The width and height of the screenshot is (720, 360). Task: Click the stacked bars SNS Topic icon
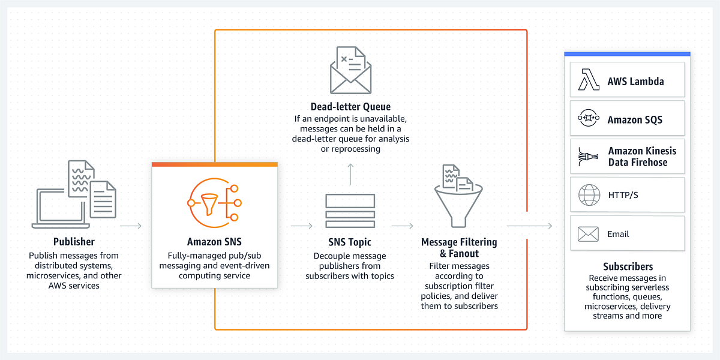click(x=350, y=209)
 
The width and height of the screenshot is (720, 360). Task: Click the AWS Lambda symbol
click(x=589, y=80)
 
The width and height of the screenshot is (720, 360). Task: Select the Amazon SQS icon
click(x=589, y=119)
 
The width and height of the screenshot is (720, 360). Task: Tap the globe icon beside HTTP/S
click(x=589, y=195)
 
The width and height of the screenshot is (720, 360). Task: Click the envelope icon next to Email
click(x=589, y=234)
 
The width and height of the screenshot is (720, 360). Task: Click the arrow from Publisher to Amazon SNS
click(x=131, y=226)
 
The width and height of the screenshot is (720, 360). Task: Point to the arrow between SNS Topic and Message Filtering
click(x=402, y=226)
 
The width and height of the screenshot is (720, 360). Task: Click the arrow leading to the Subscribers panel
click(x=529, y=226)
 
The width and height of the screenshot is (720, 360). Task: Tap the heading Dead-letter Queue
click(x=351, y=107)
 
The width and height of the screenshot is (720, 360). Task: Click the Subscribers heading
click(x=628, y=266)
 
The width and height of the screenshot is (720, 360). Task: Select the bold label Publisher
click(x=74, y=242)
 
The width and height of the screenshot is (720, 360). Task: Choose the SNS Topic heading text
click(x=350, y=242)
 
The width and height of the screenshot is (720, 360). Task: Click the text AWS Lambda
click(x=635, y=81)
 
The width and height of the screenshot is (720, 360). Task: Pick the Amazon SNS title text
click(x=214, y=242)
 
